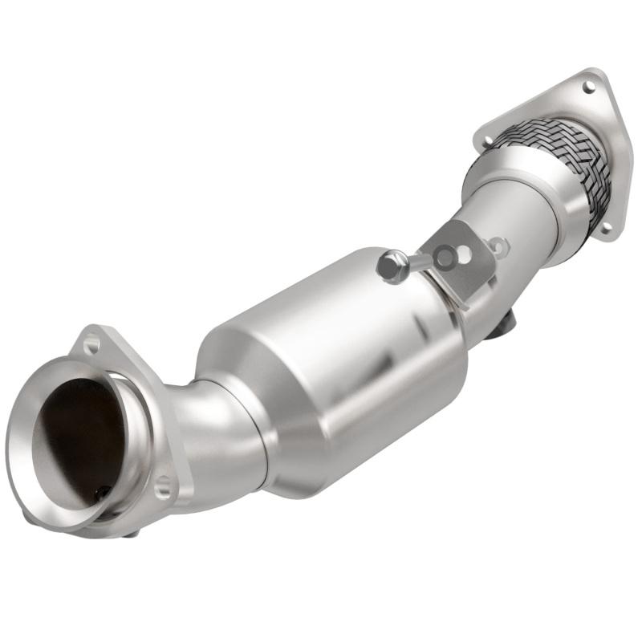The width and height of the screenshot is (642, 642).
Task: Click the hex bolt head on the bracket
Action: [391, 266]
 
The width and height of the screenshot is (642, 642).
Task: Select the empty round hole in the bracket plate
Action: [464, 255]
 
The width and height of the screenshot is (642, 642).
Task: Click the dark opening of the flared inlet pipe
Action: [76, 433]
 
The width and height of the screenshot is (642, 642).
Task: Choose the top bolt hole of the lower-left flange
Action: [91, 345]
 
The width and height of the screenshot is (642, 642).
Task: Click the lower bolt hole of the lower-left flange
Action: [162, 485]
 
